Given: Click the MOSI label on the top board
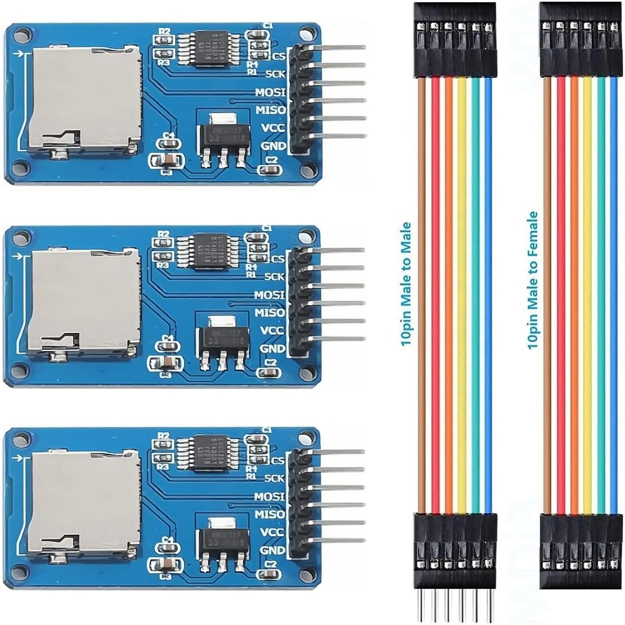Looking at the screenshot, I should [x=270, y=92].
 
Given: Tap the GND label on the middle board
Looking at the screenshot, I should [x=272, y=349].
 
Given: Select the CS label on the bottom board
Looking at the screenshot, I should [x=278, y=460].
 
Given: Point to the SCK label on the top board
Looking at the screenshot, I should [x=275, y=74].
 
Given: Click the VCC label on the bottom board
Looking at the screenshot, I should [x=272, y=532].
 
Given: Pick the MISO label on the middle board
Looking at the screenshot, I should [x=270, y=313].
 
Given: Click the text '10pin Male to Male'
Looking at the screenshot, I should [x=406, y=284].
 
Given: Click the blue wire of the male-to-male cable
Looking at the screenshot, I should [x=488, y=294].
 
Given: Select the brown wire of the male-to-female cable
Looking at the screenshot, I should [x=548, y=294].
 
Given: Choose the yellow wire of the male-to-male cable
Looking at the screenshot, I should [x=462, y=294].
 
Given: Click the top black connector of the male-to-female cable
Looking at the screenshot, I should [x=580, y=40].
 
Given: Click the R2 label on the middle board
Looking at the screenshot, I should [x=163, y=234].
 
